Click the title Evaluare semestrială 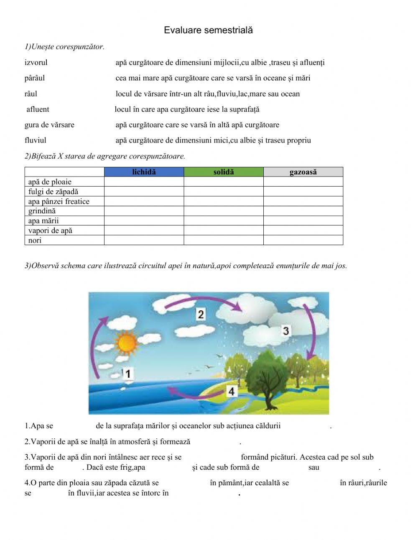pos(208,30)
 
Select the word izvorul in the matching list pos(36,63)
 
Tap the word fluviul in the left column pos(36,141)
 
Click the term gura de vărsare pos(49,125)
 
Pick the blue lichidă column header pos(144,172)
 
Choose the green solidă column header pos(224,172)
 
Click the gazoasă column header pos(303,172)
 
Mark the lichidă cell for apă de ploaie pos(144,182)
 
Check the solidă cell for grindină pos(224,211)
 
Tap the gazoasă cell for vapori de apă pos(303,230)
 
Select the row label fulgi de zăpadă pos(53,192)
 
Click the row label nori pos(35,241)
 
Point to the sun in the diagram pos(127,343)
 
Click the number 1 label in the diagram pos(128,374)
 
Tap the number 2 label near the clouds pos(201,314)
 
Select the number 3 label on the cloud pos(286,331)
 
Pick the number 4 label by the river pos(232,392)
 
